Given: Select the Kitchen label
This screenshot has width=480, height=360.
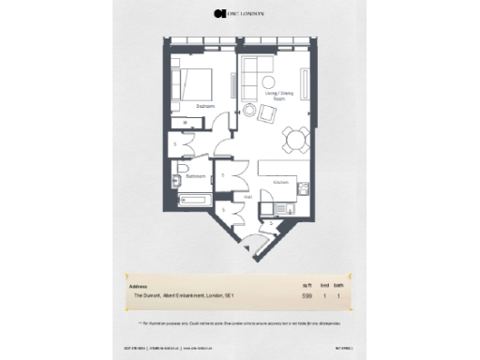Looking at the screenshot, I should click(279, 181).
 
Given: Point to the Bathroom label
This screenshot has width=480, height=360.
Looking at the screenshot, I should click(195, 175).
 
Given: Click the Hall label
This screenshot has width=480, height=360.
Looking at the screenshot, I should click(248, 197).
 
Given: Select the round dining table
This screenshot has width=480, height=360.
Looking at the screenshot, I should click(297, 139).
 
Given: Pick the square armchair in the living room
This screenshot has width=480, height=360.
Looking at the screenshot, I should click(268, 113).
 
